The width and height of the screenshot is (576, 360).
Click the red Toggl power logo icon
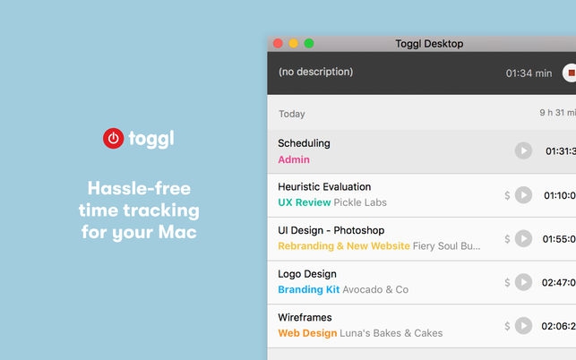[x=113, y=138]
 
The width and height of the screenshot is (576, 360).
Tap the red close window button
[x=278, y=43]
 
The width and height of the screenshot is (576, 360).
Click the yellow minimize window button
[x=293, y=43]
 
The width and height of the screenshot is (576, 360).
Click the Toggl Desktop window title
[x=429, y=44]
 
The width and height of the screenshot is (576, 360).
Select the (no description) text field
[x=315, y=72]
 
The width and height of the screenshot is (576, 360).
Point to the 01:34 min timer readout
[x=529, y=73]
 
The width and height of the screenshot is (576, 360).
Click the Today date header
[x=292, y=114]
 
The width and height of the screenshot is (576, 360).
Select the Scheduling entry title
[x=304, y=143]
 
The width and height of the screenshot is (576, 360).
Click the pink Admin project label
[x=294, y=159]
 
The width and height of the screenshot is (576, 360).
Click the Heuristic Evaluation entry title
[x=324, y=186]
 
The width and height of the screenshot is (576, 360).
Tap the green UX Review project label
[x=305, y=202]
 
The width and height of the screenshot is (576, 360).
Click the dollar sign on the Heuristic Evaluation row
[x=507, y=194]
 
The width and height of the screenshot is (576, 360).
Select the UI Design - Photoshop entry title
[x=331, y=230]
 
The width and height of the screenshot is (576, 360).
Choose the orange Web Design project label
[x=307, y=333]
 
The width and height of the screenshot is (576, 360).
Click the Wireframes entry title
[x=305, y=317]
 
